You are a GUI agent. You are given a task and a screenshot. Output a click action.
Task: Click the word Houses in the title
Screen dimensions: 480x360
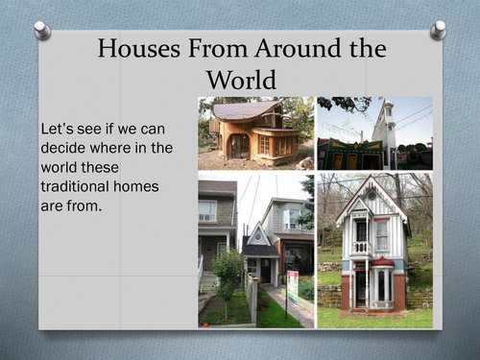tap(139, 48)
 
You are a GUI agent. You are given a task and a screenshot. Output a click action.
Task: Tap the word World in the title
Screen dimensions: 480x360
tap(241, 80)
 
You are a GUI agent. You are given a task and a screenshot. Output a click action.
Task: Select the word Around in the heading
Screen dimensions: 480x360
tap(298, 48)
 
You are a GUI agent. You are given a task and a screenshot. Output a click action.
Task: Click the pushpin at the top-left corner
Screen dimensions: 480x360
tap(42, 30)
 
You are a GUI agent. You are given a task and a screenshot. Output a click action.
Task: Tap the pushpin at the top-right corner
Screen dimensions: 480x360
tap(438, 30)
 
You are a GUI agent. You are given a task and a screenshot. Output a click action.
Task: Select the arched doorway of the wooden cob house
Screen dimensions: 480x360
tap(240, 146)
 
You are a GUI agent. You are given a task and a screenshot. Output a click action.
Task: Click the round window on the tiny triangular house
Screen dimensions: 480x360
tap(258, 237)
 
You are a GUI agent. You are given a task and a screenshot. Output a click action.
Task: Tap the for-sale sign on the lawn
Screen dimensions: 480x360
tap(293, 286)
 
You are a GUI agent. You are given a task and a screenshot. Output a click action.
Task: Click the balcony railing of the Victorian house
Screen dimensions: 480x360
tap(361, 248)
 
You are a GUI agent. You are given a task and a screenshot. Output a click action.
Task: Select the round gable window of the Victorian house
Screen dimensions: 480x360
tap(372, 196)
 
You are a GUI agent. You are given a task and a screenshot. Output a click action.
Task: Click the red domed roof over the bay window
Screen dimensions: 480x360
tap(382, 261)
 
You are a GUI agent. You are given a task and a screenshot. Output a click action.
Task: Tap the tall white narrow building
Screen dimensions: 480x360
tap(383, 134)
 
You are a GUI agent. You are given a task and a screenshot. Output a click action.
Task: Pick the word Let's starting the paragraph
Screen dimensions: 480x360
tap(58, 129)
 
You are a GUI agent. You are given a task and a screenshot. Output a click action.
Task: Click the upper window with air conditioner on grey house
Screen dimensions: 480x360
tap(207, 210)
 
